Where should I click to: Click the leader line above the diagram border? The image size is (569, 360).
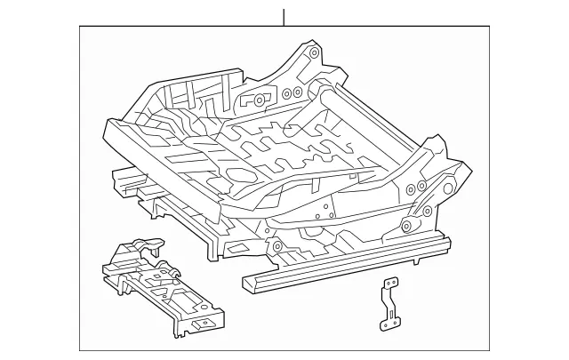[x=284, y=17]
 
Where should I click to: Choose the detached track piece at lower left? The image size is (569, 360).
[x=164, y=287]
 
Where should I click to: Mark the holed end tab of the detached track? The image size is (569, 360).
[x=206, y=324]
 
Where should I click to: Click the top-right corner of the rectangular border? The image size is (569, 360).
[x=489, y=27]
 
